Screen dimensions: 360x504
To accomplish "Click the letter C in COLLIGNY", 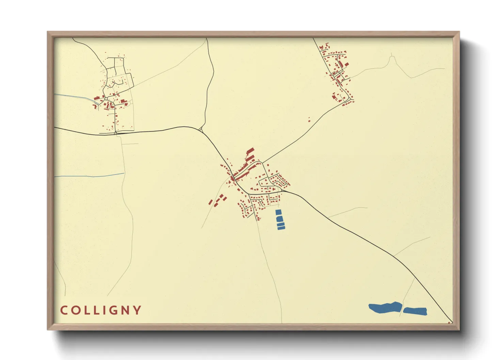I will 63,310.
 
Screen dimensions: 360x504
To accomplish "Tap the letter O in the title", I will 76,310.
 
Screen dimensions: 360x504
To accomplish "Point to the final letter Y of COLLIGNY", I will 137,310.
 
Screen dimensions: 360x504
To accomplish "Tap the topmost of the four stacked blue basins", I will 279,212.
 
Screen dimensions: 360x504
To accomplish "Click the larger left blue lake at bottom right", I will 385,308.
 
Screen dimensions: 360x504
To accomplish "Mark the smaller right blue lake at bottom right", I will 415,311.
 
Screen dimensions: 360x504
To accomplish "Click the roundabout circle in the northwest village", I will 106,99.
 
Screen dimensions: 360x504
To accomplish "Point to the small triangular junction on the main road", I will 201,129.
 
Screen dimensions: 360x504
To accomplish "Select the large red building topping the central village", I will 250,151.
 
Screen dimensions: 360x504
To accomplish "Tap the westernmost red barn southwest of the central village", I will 210,203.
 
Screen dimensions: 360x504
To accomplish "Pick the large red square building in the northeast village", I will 347,64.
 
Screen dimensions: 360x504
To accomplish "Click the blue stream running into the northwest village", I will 75,97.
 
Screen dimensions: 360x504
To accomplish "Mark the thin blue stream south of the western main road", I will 89,176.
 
